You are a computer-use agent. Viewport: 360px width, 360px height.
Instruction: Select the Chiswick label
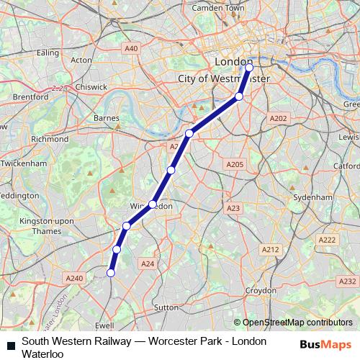[x=89, y=86]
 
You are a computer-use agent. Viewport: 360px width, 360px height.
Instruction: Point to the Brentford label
[x=30, y=96]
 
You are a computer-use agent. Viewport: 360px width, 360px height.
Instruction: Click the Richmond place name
[x=50, y=139]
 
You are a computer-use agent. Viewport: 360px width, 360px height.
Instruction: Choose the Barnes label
[x=106, y=118]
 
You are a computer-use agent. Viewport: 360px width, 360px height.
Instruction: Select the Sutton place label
[x=166, y=307]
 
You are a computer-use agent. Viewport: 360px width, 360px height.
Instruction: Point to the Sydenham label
[x=313, y=197]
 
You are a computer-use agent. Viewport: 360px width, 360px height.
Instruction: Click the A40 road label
[x=130, y=48]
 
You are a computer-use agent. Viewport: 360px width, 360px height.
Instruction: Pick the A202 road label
[x=278, y=118]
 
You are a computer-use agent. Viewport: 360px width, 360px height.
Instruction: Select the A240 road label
[x=74, y=278]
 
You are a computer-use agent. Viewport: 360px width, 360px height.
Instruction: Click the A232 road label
[x=347, y=282]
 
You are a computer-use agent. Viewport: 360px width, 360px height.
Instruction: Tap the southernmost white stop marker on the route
[x=111, y=272]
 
